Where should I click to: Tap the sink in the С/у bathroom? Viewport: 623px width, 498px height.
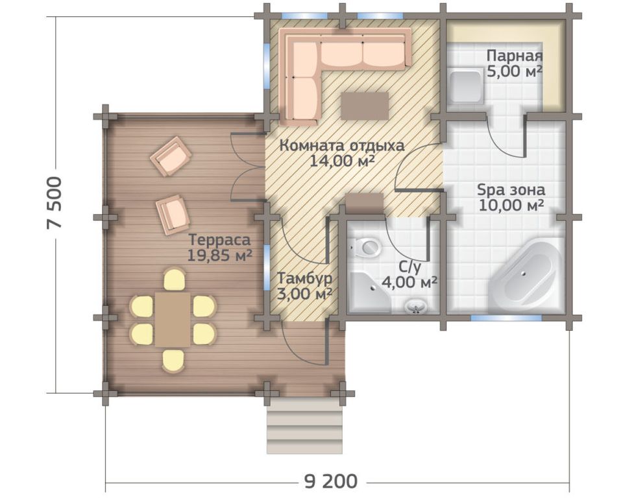click(415, 307)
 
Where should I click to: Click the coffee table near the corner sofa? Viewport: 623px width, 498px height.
click(364, 106)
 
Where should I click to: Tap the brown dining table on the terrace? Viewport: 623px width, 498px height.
click(173, 320)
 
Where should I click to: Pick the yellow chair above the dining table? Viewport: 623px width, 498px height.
click(174, 279)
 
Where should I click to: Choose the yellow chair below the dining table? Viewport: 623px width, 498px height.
click(173, 360)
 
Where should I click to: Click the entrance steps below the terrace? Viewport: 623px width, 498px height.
click(305, 427)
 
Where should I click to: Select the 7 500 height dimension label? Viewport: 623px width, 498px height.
click(55, 202)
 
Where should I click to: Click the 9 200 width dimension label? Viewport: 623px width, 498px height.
click(331, 482)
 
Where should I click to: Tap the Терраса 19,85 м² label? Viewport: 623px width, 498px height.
click(219, 248)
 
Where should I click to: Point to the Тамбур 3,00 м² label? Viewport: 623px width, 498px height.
click(305, 287)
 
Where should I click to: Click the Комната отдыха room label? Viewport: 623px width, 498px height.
click(342, 146)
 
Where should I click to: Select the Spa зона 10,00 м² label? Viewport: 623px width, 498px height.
click(511, 197)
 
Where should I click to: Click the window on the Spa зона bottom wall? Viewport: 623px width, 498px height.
click(506, 318)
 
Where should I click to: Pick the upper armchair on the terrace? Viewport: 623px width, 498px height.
click(171, 156)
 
